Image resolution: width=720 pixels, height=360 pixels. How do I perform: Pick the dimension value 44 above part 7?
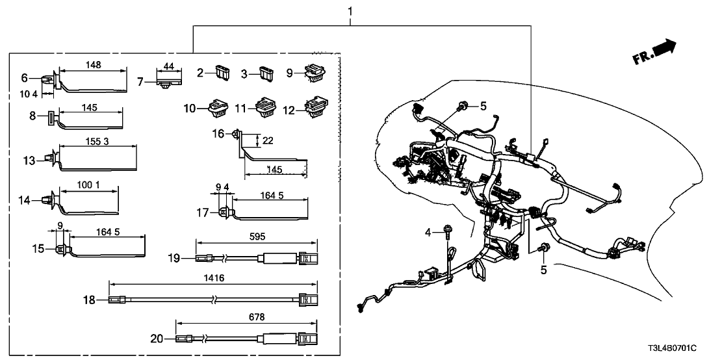[168, 66]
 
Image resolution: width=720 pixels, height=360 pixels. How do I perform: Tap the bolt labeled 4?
[448, 230]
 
